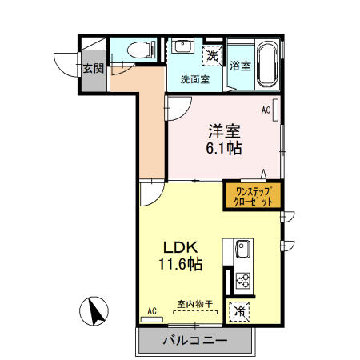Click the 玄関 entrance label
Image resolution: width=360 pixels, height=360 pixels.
click(93, 70)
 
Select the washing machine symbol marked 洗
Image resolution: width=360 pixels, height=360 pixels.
click(211, 56)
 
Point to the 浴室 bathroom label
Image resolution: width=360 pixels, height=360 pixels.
click(238, 66)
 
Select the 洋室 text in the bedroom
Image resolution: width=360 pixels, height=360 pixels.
click(225, 130)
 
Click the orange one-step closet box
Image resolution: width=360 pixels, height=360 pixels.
click(252, 197)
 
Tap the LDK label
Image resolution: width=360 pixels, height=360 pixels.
click(182, 246)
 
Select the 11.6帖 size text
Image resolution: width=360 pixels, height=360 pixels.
click(180, 264)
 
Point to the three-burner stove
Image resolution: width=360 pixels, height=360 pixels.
click(242, 280)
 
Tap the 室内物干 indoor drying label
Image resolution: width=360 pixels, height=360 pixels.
click(194, 304)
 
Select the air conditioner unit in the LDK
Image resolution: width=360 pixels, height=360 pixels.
click(152, 318)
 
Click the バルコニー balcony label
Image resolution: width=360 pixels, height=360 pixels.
click(195, 341)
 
